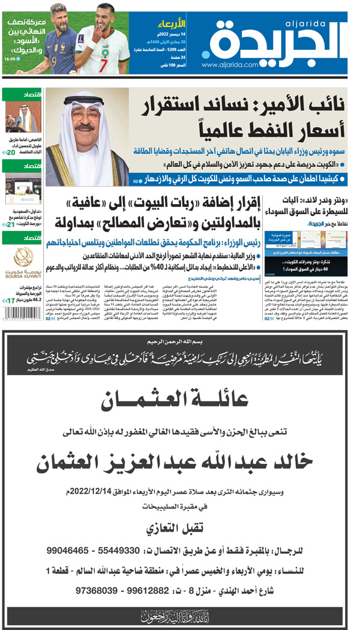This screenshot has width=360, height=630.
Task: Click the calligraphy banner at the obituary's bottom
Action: [x=180, y=616]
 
